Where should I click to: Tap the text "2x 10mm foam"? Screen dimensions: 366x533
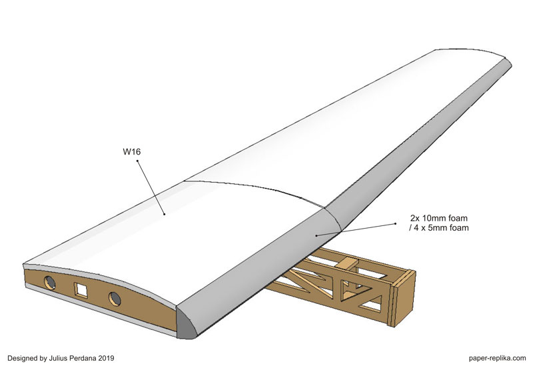(440, 218)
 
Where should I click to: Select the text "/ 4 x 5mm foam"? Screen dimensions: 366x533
(440, 229)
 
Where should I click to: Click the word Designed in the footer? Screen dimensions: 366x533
(25, 357)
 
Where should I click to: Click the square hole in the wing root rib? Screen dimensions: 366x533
(81, 290)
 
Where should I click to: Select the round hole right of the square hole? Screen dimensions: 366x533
(115, 297)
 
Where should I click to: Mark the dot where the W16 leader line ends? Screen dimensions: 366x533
(165, 214)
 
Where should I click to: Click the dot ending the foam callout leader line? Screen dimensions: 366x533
(315, 235)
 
